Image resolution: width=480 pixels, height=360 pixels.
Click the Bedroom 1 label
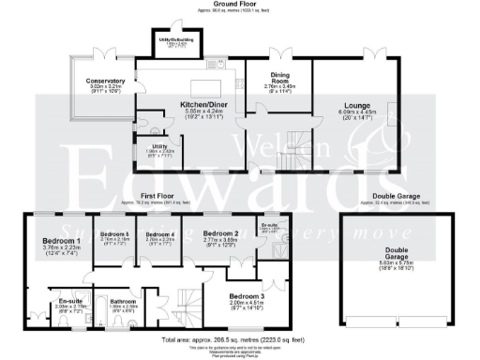62,241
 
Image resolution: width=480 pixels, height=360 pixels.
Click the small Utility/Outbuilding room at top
169,41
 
